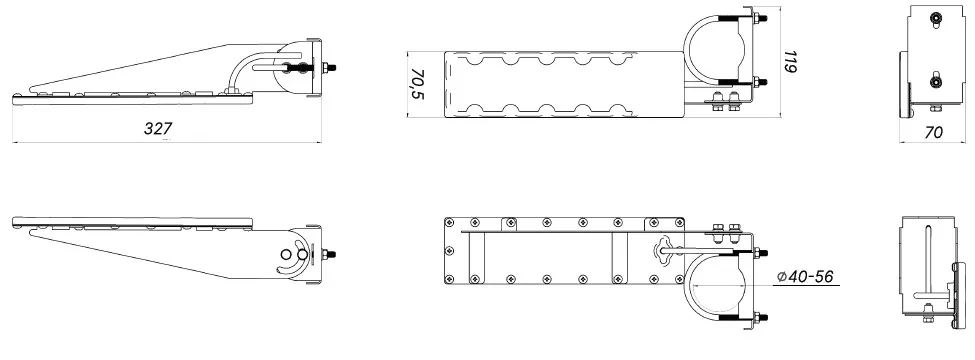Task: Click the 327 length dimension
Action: [x=158, y=129]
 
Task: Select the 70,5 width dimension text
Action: [x=417, y=85]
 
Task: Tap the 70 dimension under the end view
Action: [x=934, y=132]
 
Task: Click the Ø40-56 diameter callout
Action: [x=806, y=277]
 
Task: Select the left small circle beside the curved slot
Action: [x=285, y=254]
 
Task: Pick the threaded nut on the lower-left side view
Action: [x=329, y=254]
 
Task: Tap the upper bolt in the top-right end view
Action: [x=935, y=19]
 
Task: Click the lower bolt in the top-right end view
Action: [x=935, y=81]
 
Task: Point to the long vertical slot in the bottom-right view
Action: [x=926, y=265]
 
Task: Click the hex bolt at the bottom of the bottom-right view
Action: [x=927, y=315]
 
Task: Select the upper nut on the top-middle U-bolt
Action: [x=759, y=18]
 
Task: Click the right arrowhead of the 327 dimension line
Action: [x=318, y=142]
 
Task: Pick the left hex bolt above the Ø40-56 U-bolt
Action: [x=718, y=229]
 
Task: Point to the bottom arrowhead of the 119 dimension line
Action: [x=780, y=113]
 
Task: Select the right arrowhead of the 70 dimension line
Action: [x=963, y=142]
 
